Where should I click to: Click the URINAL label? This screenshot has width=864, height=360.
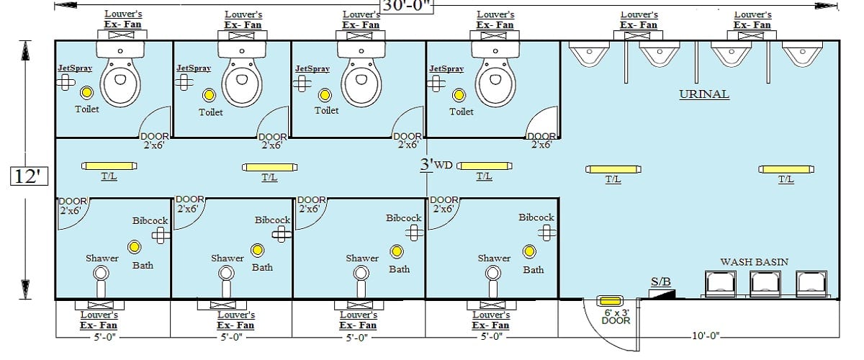tap(704, 94)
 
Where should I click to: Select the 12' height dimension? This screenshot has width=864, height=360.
tap(27, 176)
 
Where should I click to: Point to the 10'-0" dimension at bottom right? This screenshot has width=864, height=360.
tap(705, 336)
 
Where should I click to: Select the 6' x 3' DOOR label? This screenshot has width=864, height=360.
tap(616, 317)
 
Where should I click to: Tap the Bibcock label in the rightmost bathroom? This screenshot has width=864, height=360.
tap(536, 217)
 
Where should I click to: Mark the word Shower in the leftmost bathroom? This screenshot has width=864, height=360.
tap(102, 258)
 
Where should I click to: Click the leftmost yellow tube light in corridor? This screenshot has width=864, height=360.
tap(109, 166)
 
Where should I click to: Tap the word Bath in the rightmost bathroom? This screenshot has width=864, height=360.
tap(534, 270)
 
